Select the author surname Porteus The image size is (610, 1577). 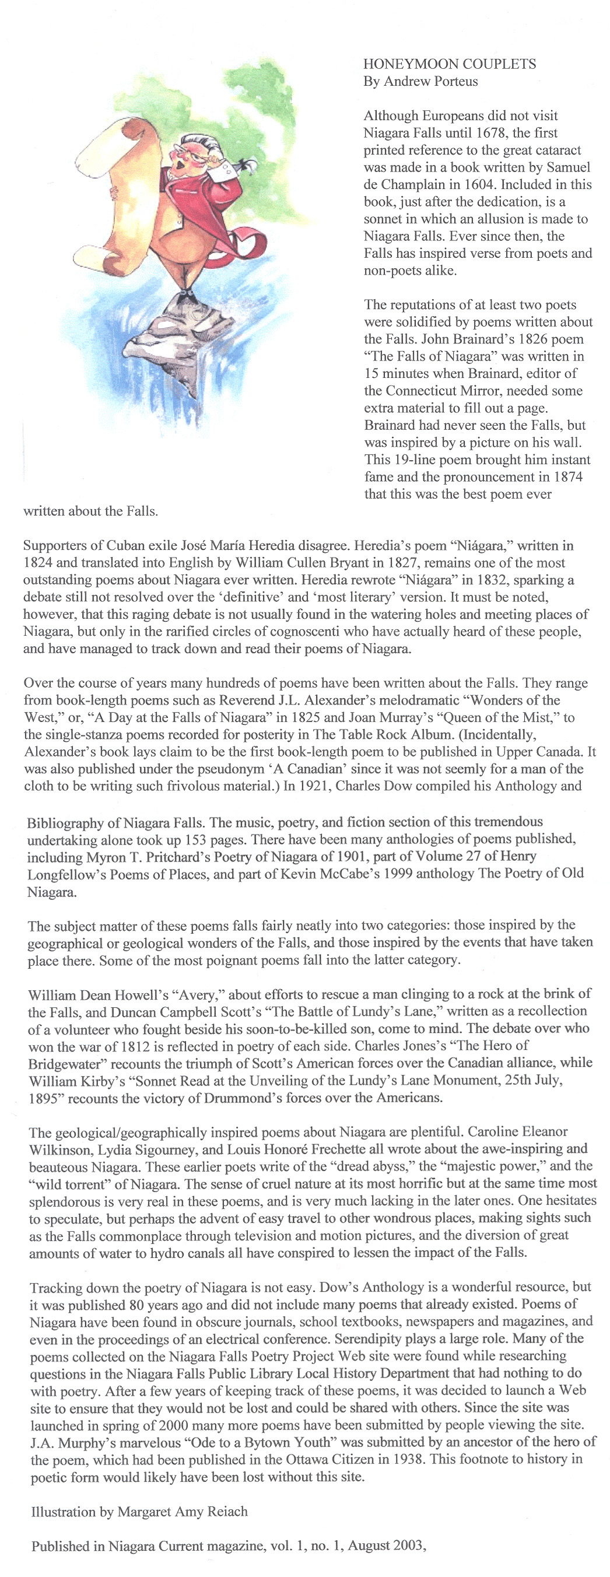454,82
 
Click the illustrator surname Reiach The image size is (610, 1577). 227,1512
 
